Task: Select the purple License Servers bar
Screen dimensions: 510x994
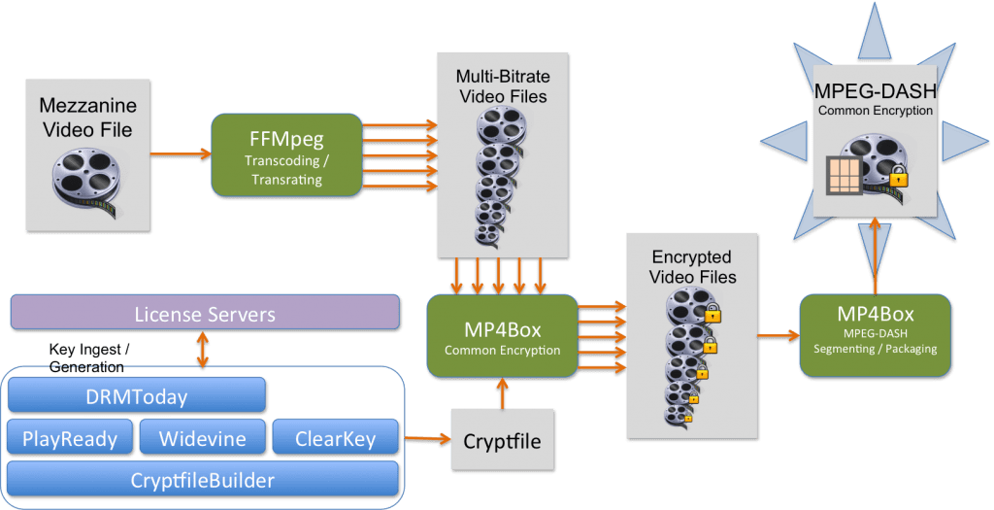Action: [x=205, y=315]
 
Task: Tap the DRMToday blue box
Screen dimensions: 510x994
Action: [x=136, y=396]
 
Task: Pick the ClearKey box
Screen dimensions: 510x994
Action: [x=334, y=438]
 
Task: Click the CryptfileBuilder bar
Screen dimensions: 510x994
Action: [x=203, y=479]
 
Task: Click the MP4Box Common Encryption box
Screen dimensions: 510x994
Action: [x=502, y=336]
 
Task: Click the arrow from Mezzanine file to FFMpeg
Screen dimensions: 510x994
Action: [x=181, y=153]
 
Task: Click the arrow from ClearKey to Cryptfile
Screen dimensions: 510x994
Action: [x=427, y=440]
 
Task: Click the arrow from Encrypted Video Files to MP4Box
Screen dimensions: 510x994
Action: [x=771, y=336]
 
